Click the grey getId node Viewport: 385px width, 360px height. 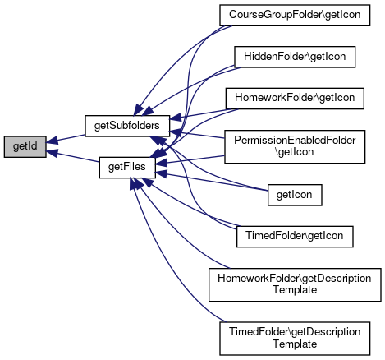[x=25, y=146]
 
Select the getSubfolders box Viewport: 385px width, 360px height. [x=127, y=126]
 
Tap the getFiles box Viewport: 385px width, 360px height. [x=127, y=167]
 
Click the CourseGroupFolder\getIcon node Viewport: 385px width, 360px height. [x=295, y=15]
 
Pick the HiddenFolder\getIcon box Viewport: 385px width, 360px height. [x=295, y=57]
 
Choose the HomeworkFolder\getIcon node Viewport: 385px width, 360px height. [x=295, y=98]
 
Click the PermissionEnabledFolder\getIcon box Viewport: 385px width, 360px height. [x=295, y=146]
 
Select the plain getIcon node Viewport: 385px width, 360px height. [x=295, y=195]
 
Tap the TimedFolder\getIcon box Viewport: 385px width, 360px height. [x=295, y=237]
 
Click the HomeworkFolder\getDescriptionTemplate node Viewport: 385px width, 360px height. [x=295, y=284]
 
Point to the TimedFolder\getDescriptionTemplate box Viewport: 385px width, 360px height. [x=295, y=339]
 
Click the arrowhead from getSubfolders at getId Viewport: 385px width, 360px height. [x=52, y=141]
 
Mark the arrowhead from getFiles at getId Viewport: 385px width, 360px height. [x=52, y=153]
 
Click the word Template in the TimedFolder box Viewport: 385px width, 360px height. [x=295, y=344]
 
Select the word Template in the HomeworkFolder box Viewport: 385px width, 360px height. [x=295, y=290]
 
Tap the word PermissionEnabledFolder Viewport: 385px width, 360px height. [x=295, y=141]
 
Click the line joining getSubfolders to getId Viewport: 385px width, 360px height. [x=66, y=138]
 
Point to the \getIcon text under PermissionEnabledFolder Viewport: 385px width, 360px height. [x=295, y=152]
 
